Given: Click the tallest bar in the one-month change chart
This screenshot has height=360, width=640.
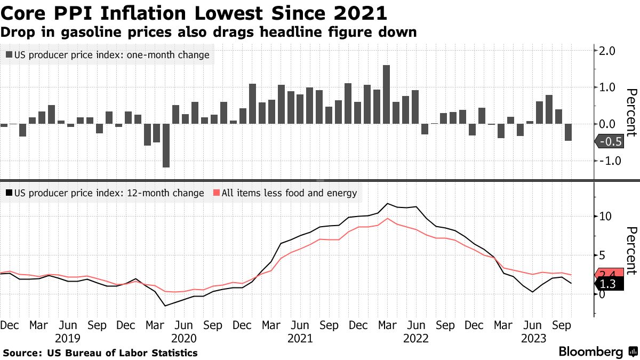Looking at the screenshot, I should (x=387, y=94).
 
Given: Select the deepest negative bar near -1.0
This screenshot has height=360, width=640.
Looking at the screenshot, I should (x=166, y=145).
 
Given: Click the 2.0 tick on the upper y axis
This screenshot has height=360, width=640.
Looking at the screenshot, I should (x=608, y=51).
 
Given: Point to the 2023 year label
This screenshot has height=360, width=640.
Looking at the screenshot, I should (x=533, y=338).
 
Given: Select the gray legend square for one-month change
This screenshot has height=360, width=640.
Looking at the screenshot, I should (x=9, y=54).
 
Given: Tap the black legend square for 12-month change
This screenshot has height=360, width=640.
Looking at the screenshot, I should (x=9, y=193).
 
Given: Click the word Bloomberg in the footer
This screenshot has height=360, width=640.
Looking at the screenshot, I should (x=590, y=352).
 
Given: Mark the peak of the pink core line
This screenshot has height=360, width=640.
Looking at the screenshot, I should (x=388, y=218).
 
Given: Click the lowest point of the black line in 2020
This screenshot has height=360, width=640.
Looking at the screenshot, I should (x=166, y=306).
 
